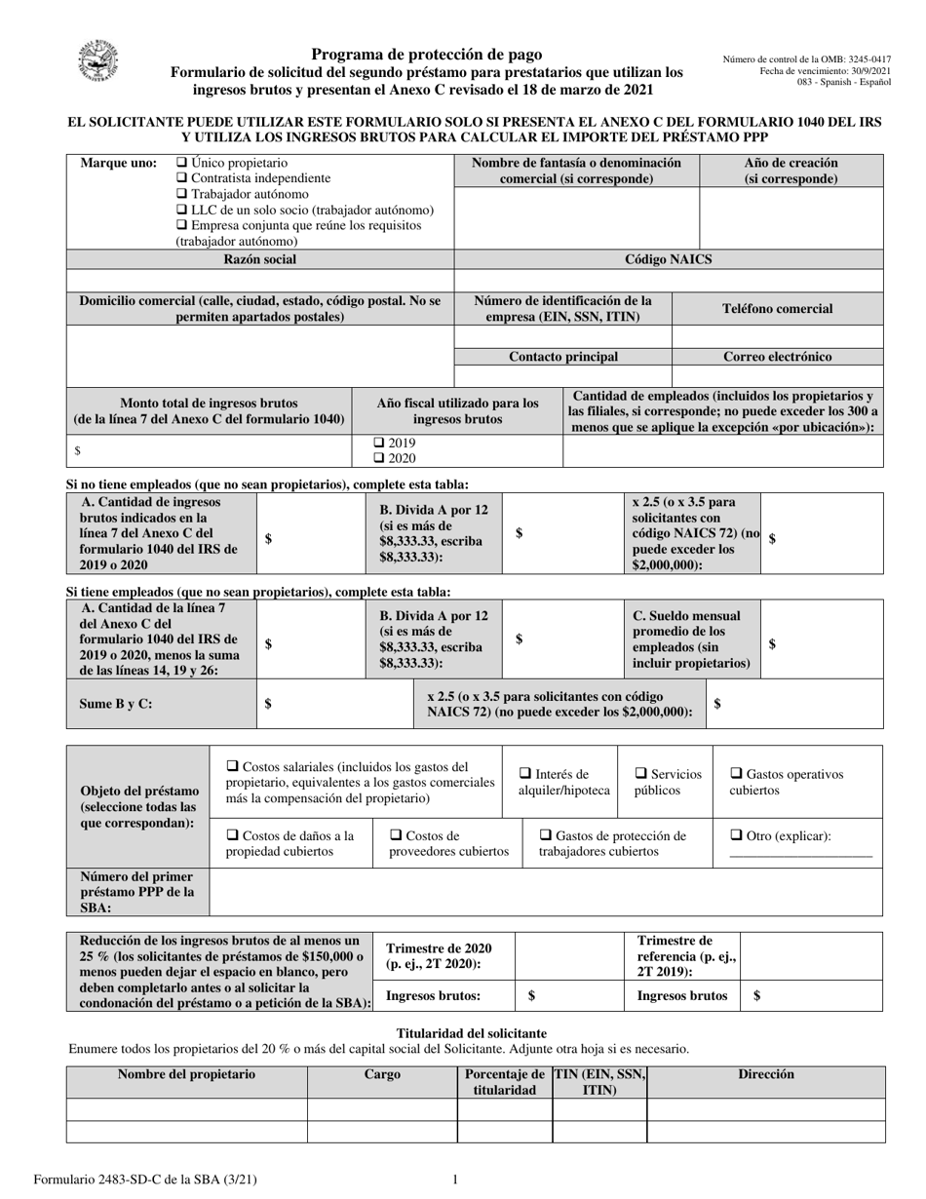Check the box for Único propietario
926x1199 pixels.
181,163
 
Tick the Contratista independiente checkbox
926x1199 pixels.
181,178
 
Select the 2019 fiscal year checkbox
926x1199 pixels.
380,443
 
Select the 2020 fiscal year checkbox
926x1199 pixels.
380,458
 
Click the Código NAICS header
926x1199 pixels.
668,259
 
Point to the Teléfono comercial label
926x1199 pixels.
777,309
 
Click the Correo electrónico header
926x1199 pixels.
777,357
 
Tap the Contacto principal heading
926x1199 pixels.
563,357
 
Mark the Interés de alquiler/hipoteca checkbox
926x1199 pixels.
525,774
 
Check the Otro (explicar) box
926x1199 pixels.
736,835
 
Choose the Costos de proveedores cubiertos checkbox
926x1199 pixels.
396,835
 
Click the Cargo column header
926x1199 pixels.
382,1075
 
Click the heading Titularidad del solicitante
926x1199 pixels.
472,1033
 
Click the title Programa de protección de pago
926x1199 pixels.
427,55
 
